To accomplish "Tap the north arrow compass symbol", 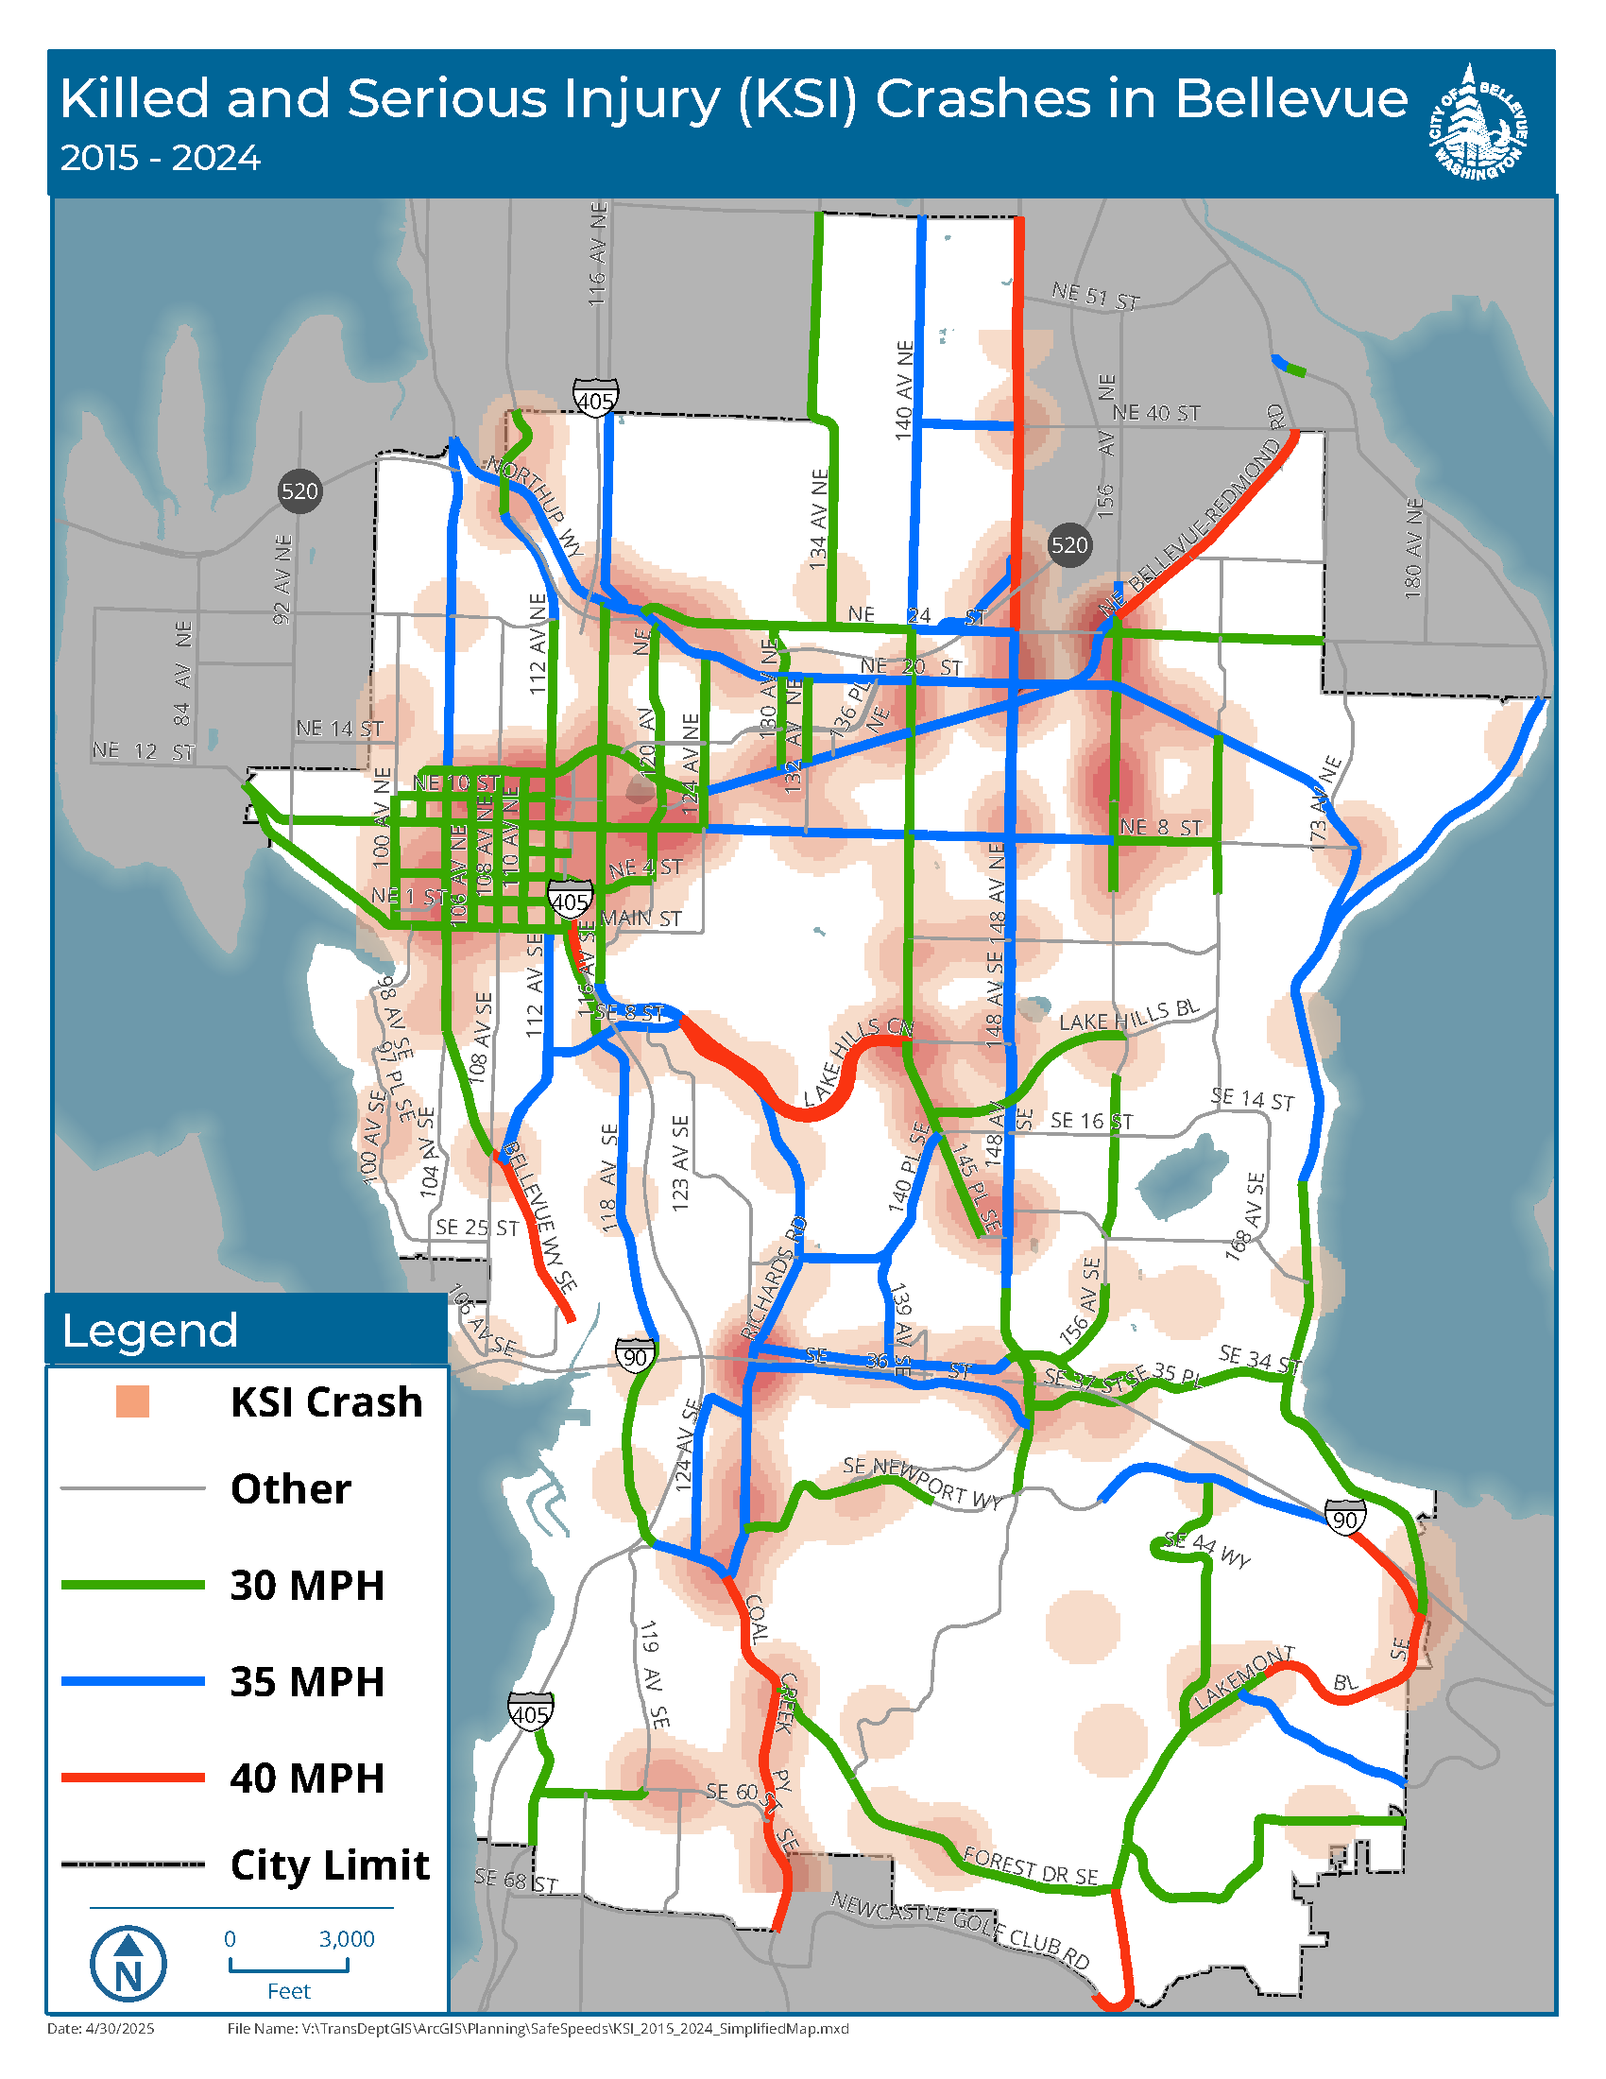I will [x=128, y=1962].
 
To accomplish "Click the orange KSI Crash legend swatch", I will [x=132, y=1402].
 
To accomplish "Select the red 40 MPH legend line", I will [x=132, y=1778].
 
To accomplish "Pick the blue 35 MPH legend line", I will [x=132, y=1682].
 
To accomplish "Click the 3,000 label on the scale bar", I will [x=347, y=1938].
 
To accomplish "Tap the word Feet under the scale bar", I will [x=288, y=1991].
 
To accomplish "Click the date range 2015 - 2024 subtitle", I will [x=160, y=158].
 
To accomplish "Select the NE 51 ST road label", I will [x=1095, y=296].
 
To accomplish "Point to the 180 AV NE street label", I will [x=1413, y=548].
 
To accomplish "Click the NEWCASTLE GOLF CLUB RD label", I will [x=960, y=1929].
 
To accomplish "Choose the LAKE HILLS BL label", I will [x=1129, y=1016].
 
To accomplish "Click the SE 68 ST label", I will [x=515, y=1880].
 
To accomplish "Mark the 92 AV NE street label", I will [x=282, y=578].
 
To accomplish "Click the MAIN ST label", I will [x=641, y=918].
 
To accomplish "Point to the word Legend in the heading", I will [x=149, y=1331].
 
